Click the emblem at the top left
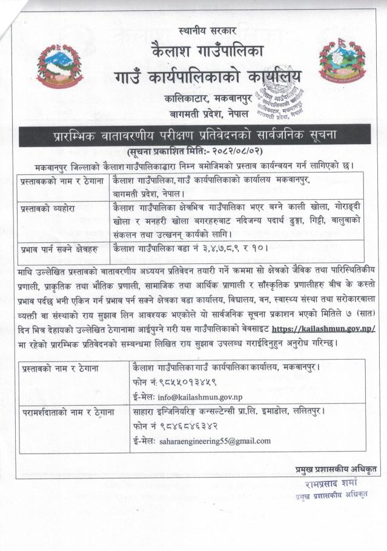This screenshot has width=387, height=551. pyautogui.click(x=59, y=66)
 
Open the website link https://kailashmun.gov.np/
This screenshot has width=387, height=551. pyautogui.click(x=323, y=328)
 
